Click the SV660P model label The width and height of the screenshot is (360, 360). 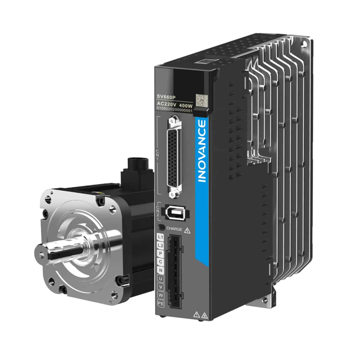tap(166, 97)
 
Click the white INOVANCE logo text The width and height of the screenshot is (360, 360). tap(202, 151)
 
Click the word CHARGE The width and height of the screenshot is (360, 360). tap(174, 229)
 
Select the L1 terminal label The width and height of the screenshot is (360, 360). tap(160, 237)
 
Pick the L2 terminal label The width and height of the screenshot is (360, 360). tap(160, 246)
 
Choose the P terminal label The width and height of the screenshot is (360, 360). tap(160, 254)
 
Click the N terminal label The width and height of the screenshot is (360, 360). tap(160, 270)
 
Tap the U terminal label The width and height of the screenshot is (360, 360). tap(160, 279)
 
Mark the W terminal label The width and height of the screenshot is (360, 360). tap(161, 295)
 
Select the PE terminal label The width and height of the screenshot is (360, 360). tap(161, 304)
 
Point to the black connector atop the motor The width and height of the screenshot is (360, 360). tap(136, 168)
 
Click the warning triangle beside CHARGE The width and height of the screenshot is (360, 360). tap(187, 230)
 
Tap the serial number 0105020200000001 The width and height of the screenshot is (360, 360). tap(174, 111)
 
